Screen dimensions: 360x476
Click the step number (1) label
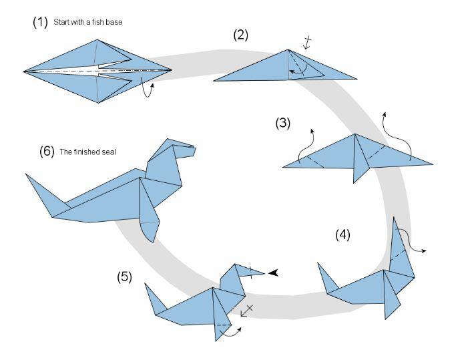pos(41,22)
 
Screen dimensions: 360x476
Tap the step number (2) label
pos(240,35)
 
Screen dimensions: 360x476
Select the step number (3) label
pos(283,123)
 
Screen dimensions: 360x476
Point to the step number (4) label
pos(342,234)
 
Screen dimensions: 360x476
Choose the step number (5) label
pos(125,276)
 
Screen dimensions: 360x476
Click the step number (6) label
pos(47,151)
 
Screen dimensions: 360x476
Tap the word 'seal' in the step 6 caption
pos(109,152)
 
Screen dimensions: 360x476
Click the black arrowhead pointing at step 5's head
pos(274,273)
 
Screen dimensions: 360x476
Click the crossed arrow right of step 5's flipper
pos(247,310)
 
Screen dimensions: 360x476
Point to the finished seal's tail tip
pos(31,178)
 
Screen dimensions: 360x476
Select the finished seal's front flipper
pos(150,227)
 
